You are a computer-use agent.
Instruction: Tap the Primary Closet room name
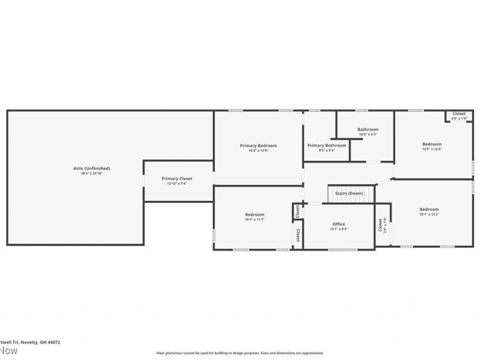point(177,178)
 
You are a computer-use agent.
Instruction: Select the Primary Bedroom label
point(258,145)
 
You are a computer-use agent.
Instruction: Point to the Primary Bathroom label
point(327,145)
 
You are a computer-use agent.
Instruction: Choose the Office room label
point(338,224)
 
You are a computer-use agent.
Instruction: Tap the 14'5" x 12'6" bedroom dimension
point(431,149)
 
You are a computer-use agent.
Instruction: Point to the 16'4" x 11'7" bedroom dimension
point(254,220)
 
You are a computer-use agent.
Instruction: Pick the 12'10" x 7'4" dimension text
point(177,184)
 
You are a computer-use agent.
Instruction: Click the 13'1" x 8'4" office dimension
point(338,229)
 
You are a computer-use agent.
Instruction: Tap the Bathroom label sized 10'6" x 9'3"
point(368,129)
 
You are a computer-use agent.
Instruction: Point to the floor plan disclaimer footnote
point(240,353)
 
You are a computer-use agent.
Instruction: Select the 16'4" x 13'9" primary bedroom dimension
point(258,151)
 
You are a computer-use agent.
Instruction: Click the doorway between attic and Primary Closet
point(143,181)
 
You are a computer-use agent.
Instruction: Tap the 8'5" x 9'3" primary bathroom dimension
point(327,150)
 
